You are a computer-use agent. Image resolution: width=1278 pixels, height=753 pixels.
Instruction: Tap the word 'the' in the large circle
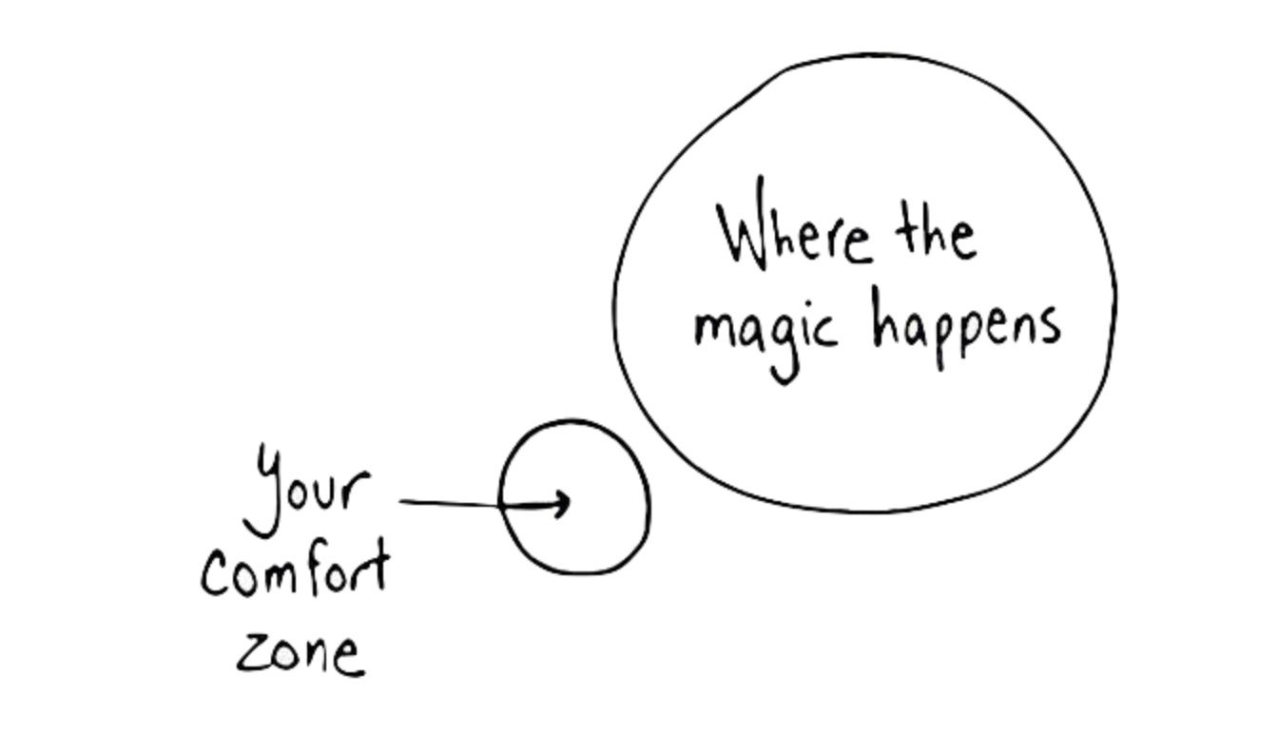(x=936, y=233)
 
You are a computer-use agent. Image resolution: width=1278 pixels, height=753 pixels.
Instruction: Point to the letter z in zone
(x=251, y=653)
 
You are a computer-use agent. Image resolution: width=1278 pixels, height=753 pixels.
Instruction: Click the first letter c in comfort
(x=216, y=576)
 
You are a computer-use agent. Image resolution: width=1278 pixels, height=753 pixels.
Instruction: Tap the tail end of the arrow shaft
(x=402, y=500)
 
